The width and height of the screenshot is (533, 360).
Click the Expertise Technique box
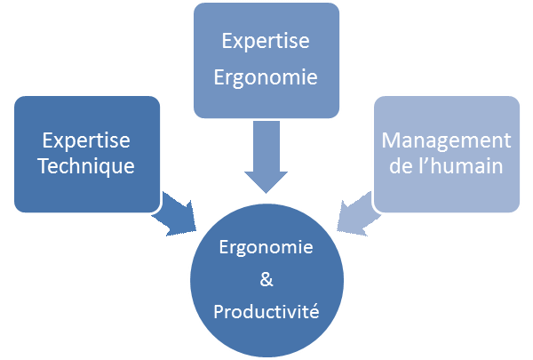point(86,154)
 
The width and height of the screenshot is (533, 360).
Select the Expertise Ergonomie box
point(267,60)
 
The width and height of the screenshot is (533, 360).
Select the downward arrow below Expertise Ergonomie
point(266,155)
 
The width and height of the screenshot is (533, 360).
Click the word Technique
point(86,165)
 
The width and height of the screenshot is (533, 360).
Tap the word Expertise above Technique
point(86,141)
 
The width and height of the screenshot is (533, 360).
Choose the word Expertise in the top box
point(266,42)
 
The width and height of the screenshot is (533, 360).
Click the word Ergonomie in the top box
point(266,78)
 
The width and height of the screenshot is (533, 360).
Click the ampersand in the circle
point(266,280)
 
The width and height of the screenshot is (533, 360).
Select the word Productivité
point(266,312)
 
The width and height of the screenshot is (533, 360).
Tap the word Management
point(446,141)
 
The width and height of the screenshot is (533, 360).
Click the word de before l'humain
point(405,165)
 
